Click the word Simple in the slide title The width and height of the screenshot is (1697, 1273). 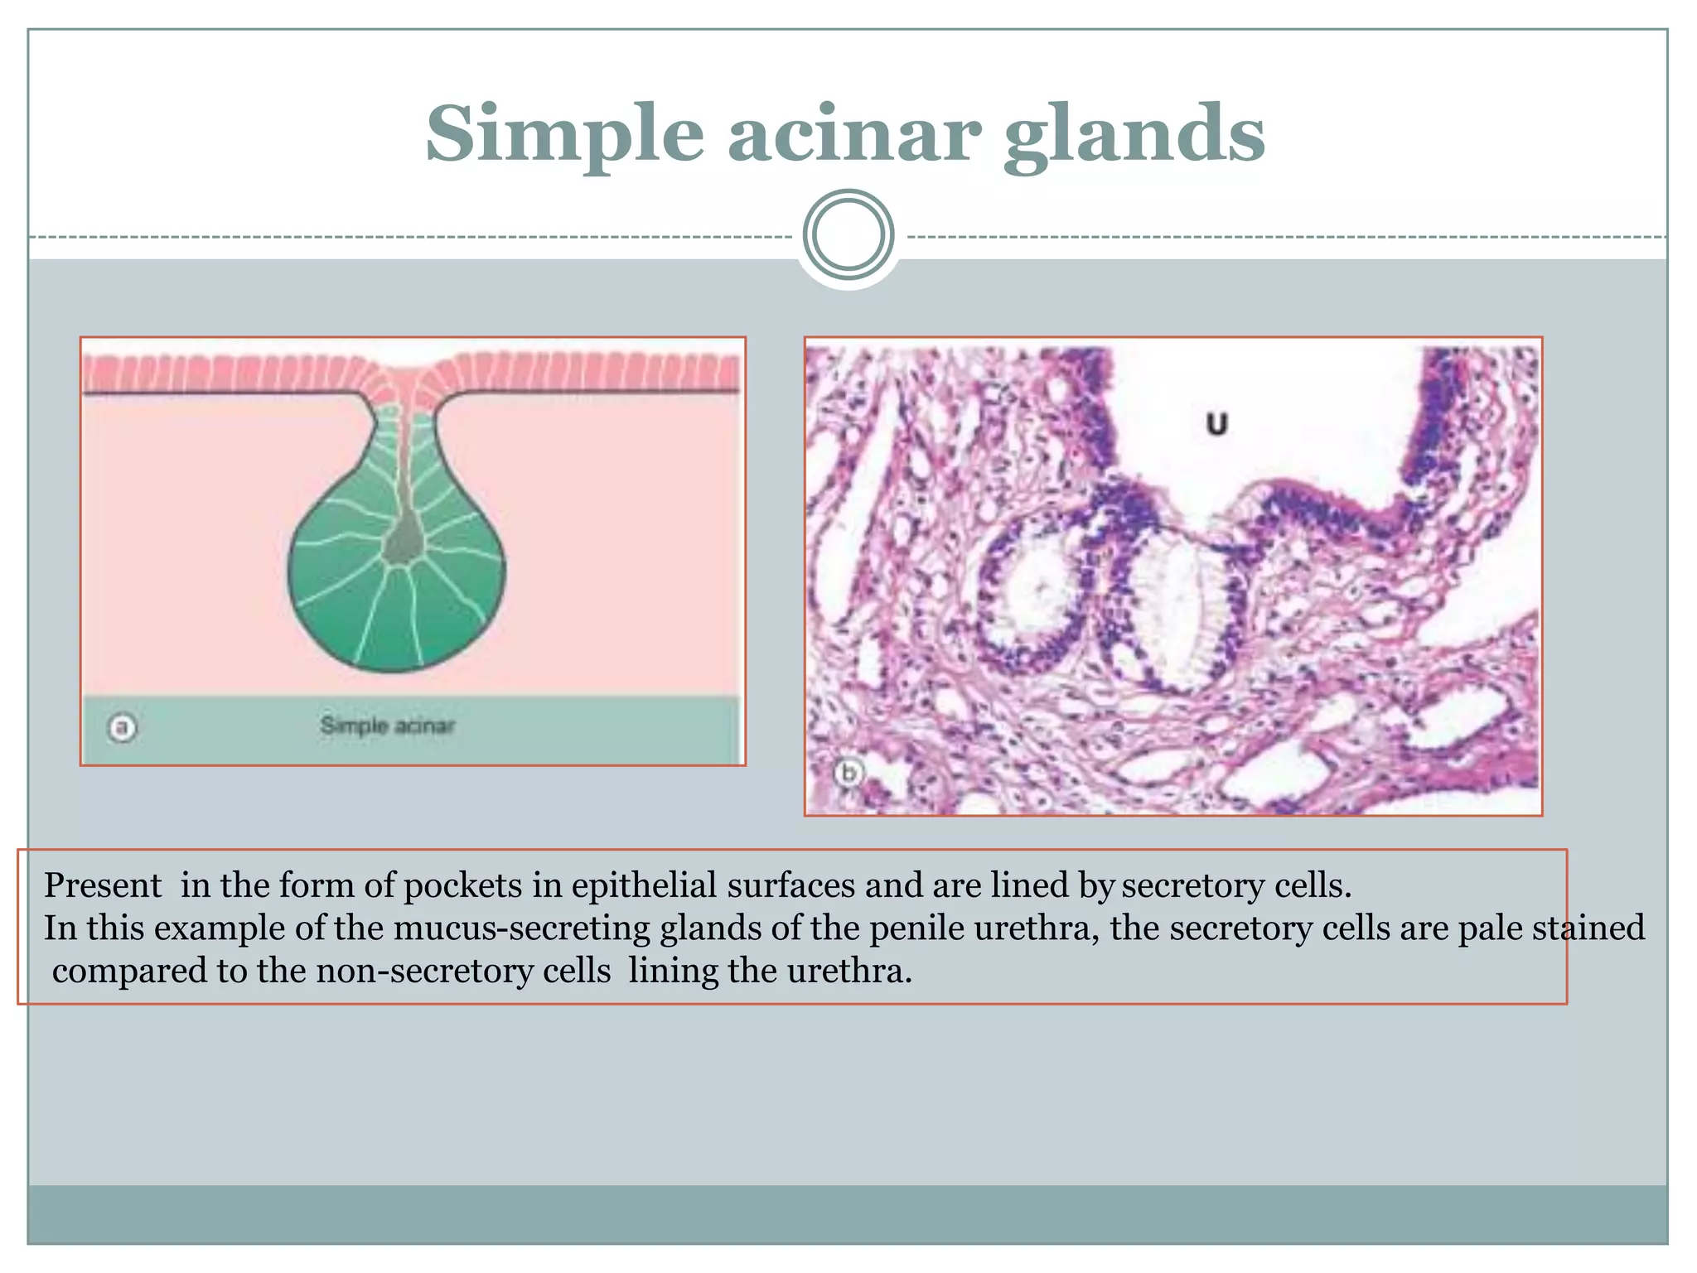click(x=564, y=134)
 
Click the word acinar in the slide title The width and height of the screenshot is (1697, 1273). click(x=854, y=134)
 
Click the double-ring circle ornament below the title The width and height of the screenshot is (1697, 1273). click(x=848, y=234)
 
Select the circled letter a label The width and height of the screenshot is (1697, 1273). click(x=123, y=728)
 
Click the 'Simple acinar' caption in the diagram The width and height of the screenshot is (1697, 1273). click(x=387, y=726)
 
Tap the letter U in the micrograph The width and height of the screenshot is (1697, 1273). click(x=1216, y=424)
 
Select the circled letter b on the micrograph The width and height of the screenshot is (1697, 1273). click(x=848, y=774)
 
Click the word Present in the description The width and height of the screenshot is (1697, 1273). click(x=103, y=885)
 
